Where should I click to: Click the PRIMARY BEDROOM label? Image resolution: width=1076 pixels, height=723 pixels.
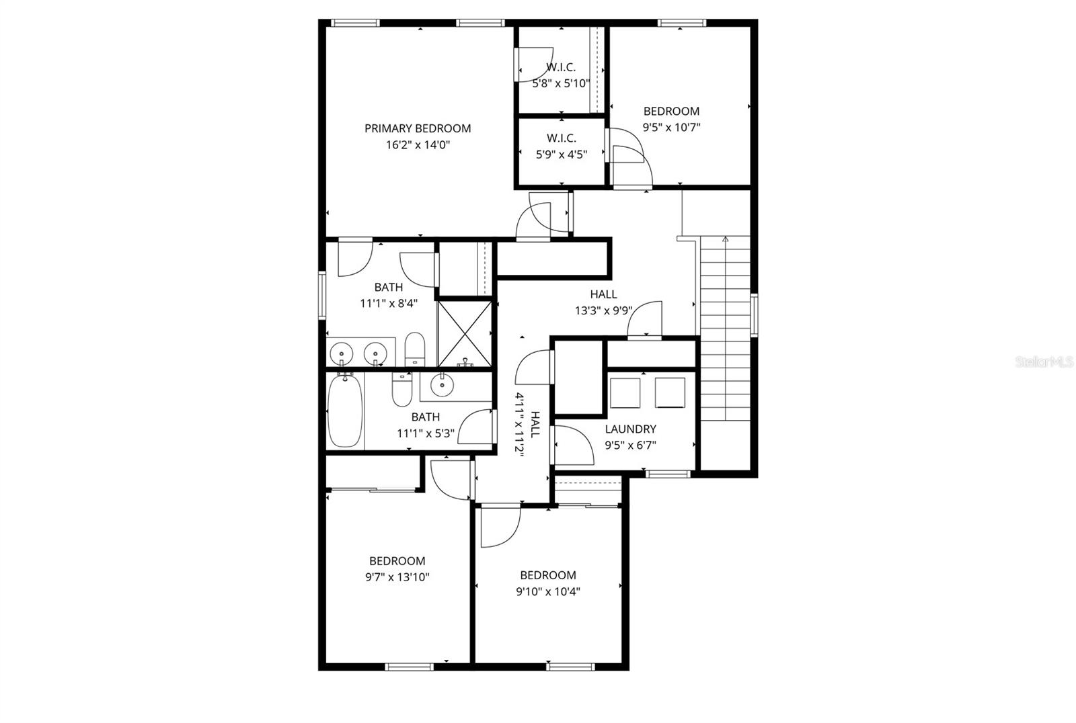418,128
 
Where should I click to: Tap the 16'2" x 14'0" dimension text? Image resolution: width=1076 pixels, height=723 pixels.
418,144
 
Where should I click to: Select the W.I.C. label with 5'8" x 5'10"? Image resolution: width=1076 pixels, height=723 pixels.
561,67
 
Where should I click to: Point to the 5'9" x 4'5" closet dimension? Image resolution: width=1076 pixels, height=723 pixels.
562,155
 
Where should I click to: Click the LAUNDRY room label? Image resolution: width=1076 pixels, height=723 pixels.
630,429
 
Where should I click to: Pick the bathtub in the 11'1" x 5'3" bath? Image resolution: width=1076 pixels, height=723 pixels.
345,411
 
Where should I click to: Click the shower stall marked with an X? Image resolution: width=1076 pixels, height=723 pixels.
465,333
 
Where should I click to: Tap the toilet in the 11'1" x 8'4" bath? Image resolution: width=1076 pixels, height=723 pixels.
415,349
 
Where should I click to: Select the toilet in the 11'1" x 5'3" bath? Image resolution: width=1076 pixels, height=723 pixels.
402,390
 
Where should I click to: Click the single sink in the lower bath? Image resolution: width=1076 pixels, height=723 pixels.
442,384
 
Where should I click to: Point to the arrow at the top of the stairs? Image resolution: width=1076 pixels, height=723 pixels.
725,239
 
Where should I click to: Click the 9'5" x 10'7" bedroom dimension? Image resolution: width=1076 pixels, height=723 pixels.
672,128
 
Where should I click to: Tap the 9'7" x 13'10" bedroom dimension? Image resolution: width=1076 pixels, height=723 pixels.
397,577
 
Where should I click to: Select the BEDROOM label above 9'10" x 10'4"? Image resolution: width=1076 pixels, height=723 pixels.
548,575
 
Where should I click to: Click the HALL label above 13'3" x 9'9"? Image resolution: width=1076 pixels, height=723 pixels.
603,294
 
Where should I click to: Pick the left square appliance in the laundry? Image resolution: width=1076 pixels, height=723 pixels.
625,393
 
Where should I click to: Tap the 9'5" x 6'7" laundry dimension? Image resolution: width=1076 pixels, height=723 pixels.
630,445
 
